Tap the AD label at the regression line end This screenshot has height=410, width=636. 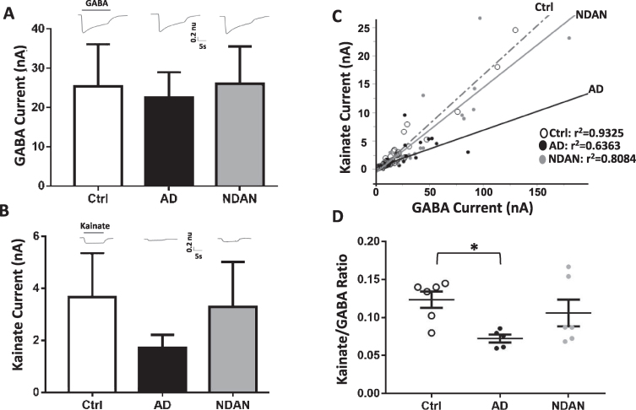[x=595, y=90]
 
